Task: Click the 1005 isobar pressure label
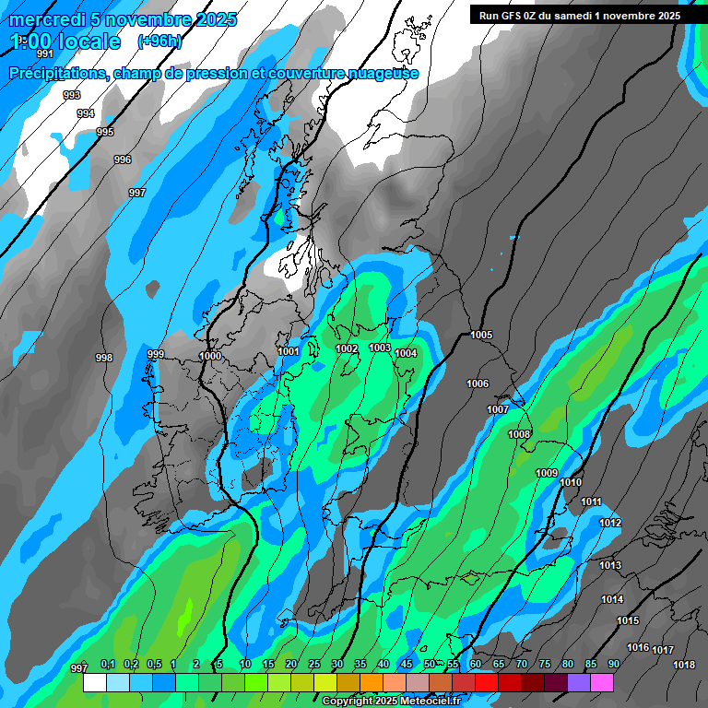pos(481,335)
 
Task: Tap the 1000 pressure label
pos(210,356)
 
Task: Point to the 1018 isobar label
pos(683,665)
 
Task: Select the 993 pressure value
pos(71,95)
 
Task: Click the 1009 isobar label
pos(547,473)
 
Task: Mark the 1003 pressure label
pos(379,348)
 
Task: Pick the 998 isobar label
pos(104,358)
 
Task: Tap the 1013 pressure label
pos(610,565)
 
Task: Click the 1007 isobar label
pos(498,409)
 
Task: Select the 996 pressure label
pos(123,159)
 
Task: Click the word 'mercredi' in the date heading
pos(46,19)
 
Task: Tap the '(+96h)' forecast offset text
pos(159,41)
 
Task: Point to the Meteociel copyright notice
pos(391,701)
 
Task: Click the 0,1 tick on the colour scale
pos(107,665)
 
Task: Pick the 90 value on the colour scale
pos(613,665)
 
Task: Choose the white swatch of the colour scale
pos(95,683)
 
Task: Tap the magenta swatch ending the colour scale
pos(602,683)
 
